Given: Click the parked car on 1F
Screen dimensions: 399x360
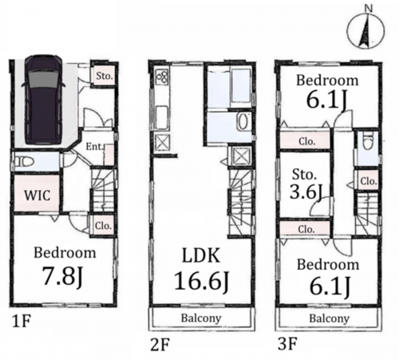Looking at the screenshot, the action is pyautogui.click(x=43, y=101).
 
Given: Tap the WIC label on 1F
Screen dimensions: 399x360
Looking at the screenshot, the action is pyautogui.click(x=38, y=196).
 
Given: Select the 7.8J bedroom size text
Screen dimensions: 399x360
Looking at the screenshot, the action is pyautogui.click(x=63, y=276).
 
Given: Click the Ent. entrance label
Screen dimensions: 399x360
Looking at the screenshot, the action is pyautogui.click(x=94, y=147).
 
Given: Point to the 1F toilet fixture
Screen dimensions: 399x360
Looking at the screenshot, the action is pyautogui.click(x=24, y=161).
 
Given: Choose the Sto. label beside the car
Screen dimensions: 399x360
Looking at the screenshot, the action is pyautogui.click(x=104, y=76).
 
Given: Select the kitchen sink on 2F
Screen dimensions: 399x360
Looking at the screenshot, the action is pyautogui.click(x=161, y=115).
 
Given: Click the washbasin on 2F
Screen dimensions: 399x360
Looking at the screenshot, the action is pyautogui.click(x=243, y=122).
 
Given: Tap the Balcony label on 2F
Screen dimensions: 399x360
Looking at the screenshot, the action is pyautogui.click(x=201, y=318).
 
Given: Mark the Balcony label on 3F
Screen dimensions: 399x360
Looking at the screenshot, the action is pyautogui.click(x=330, y=318).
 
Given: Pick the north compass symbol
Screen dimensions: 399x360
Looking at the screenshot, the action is pyautogui.click(x=366, y=30).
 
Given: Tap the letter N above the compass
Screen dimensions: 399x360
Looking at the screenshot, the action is pyautogui.click(x=368, y=8).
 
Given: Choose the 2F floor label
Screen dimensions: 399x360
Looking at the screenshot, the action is pyautogui.click(x=160, y=345).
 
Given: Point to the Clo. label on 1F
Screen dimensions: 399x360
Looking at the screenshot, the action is pyautogui.click(x=103, y=226).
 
